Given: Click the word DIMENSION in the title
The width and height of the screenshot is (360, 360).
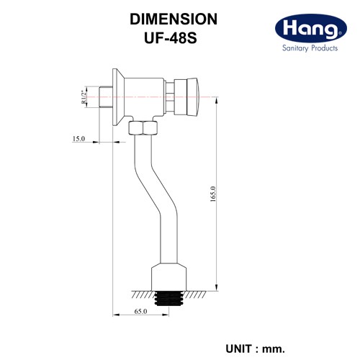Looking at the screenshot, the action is click(x=174, y=19).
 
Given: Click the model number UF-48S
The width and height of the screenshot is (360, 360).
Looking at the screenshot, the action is click(x=171, y=38).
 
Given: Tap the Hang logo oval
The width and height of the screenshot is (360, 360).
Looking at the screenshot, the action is click(x=311, y=28).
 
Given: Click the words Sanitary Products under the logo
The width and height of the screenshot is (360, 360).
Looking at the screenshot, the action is click(x=310, y=48).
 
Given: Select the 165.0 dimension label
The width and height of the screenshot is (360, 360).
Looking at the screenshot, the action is click(x=213, y=194).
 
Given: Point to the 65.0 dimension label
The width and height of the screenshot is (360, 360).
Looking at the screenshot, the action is click(x=140, y=311).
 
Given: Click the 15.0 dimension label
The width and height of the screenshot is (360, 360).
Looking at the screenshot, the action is click(x=78, y=139).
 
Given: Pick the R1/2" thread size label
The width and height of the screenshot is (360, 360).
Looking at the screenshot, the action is click(x=84, y=96).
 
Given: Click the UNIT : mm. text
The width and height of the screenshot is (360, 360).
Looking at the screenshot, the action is click(x=256, y=348).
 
